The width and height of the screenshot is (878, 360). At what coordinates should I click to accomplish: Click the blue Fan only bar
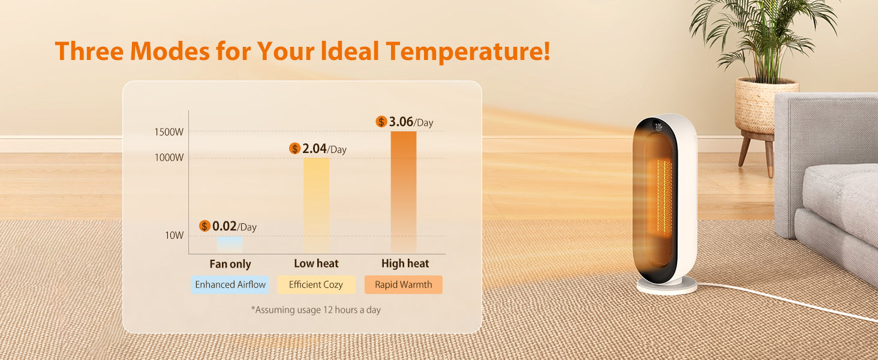[230, 244]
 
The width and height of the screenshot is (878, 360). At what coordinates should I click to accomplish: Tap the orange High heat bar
[404, 192]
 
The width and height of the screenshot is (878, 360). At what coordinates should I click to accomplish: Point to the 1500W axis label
[169, 132]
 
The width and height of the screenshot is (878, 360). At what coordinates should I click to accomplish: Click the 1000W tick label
[169, 158]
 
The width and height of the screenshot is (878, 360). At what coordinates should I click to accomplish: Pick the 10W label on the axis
[175, 235]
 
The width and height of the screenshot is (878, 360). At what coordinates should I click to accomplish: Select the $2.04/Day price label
[318, 149]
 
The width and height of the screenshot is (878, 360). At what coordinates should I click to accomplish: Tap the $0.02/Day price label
[228, 226]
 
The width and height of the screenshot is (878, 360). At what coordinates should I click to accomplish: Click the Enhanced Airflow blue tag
[230, 284]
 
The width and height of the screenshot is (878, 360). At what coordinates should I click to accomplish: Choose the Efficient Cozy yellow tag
[316, 284]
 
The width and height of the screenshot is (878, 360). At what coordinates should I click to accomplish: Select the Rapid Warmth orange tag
[403, 284]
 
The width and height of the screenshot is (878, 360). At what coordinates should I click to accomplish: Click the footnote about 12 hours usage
[315, 310]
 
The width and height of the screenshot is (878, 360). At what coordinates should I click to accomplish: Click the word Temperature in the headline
[468, 52]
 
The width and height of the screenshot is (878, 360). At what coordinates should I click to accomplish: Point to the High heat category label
[405, 263]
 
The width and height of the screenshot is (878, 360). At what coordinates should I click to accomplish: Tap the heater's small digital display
[659, 127]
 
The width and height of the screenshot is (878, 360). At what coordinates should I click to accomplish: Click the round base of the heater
[667, 286]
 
